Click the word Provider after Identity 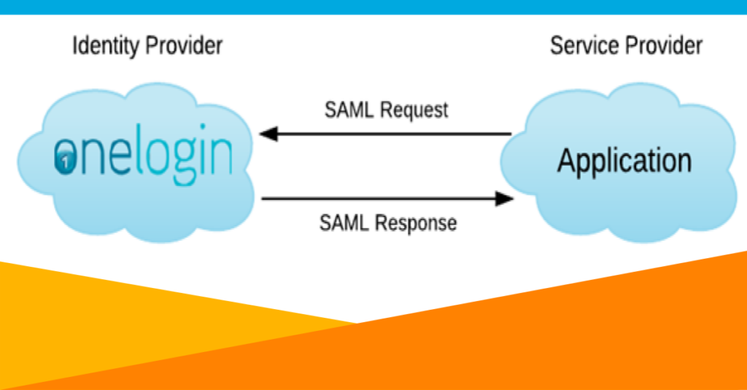pyautogui.click(x=184, y=47)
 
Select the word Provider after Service pyautogui.click(x=665, y=47)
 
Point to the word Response pyautogui.click(x=419, y=222)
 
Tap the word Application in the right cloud pyautogui.click(x=624, y=160)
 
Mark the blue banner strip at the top pyautogui.click(x=373, y=7)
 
